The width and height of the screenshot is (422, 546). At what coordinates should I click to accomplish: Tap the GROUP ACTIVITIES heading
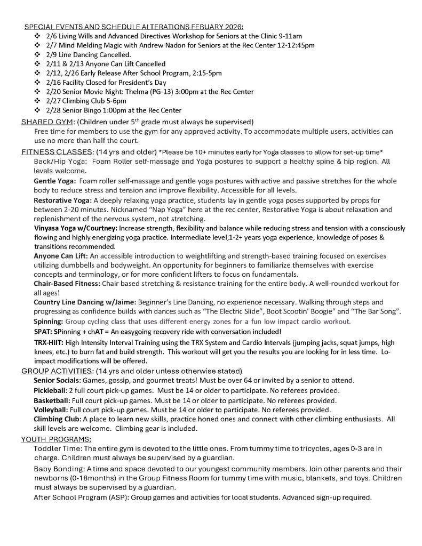pos(57,371)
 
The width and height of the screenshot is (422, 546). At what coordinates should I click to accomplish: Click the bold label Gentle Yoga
pos(54,181)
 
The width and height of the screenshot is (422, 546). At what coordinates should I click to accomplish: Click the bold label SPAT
pos(42,331)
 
